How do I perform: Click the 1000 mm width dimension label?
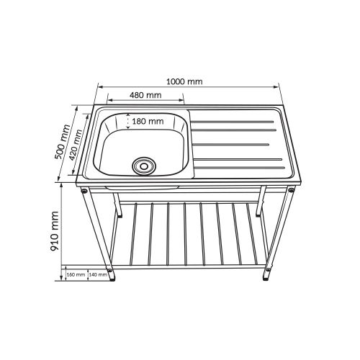184,81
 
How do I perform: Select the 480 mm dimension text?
145,95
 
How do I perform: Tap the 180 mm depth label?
148,121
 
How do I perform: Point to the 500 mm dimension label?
63,142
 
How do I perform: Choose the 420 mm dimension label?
76,145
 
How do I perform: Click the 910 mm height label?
55,231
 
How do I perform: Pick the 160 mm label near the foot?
76,274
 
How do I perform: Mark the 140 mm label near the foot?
98,274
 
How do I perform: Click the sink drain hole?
144,166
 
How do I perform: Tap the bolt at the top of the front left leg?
84,191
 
